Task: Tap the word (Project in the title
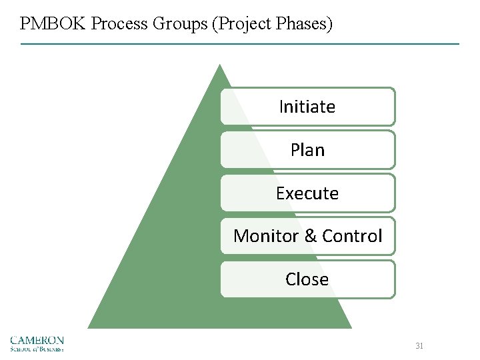(x=239, y=24)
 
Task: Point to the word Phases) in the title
(x=302, y=24)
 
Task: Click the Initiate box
(x=307, y=107)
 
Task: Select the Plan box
(x=307, y=150)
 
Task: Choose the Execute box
(x=307, y=193)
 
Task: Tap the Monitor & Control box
(x=307, y=236)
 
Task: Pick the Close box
(x=307, y=279)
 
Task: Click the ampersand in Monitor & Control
(x=310, y=236)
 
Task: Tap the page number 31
(x=419, y=346)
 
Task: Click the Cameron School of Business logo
(x=37, y=343)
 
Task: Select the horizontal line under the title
(x=240, y=44)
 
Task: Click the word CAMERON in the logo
(x=37, y=340)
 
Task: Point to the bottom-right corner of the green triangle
(x=351, y=327)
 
